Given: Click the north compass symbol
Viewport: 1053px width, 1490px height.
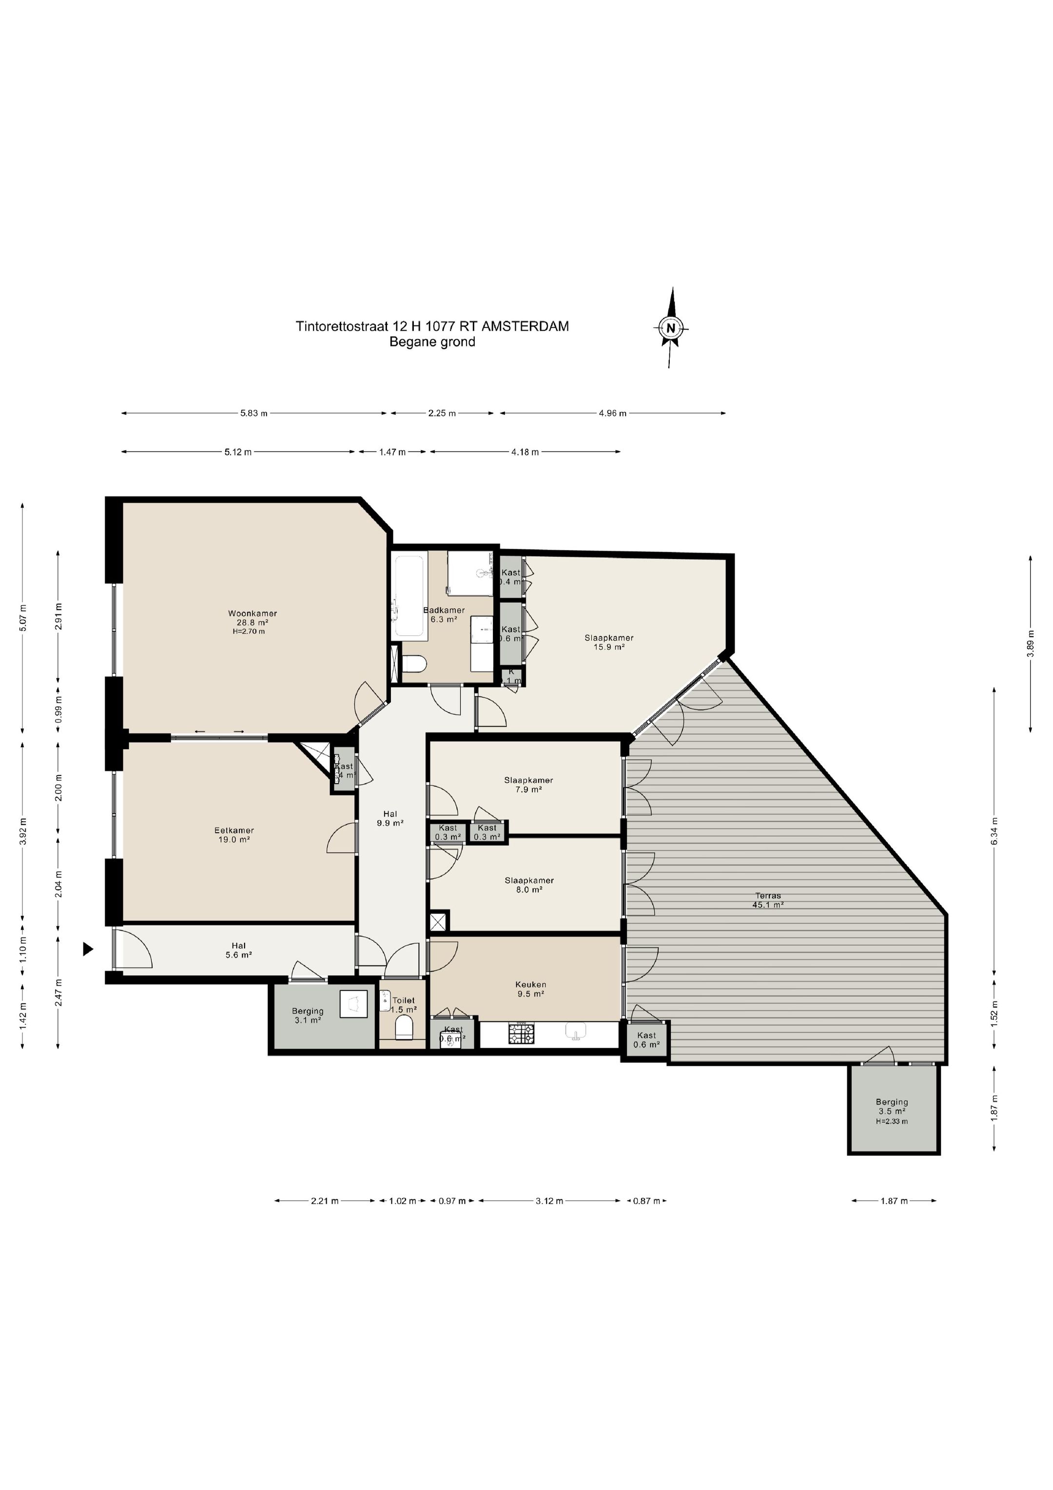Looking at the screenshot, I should tap(671, 327).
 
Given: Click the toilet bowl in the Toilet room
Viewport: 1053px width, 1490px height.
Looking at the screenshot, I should tap(404, 1029).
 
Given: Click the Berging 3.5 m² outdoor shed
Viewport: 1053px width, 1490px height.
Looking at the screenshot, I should tap(892, 1111).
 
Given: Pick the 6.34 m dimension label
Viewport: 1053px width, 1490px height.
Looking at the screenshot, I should tap(994, 831).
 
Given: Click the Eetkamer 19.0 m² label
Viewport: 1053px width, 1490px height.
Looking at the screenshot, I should tap(234, 834).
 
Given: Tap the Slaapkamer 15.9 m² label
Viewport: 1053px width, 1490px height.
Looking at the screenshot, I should tap(608, 642).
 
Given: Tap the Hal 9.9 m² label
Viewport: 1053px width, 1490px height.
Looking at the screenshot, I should tap(390, 818).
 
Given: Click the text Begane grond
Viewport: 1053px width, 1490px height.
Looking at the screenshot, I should tap(432, 342).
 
